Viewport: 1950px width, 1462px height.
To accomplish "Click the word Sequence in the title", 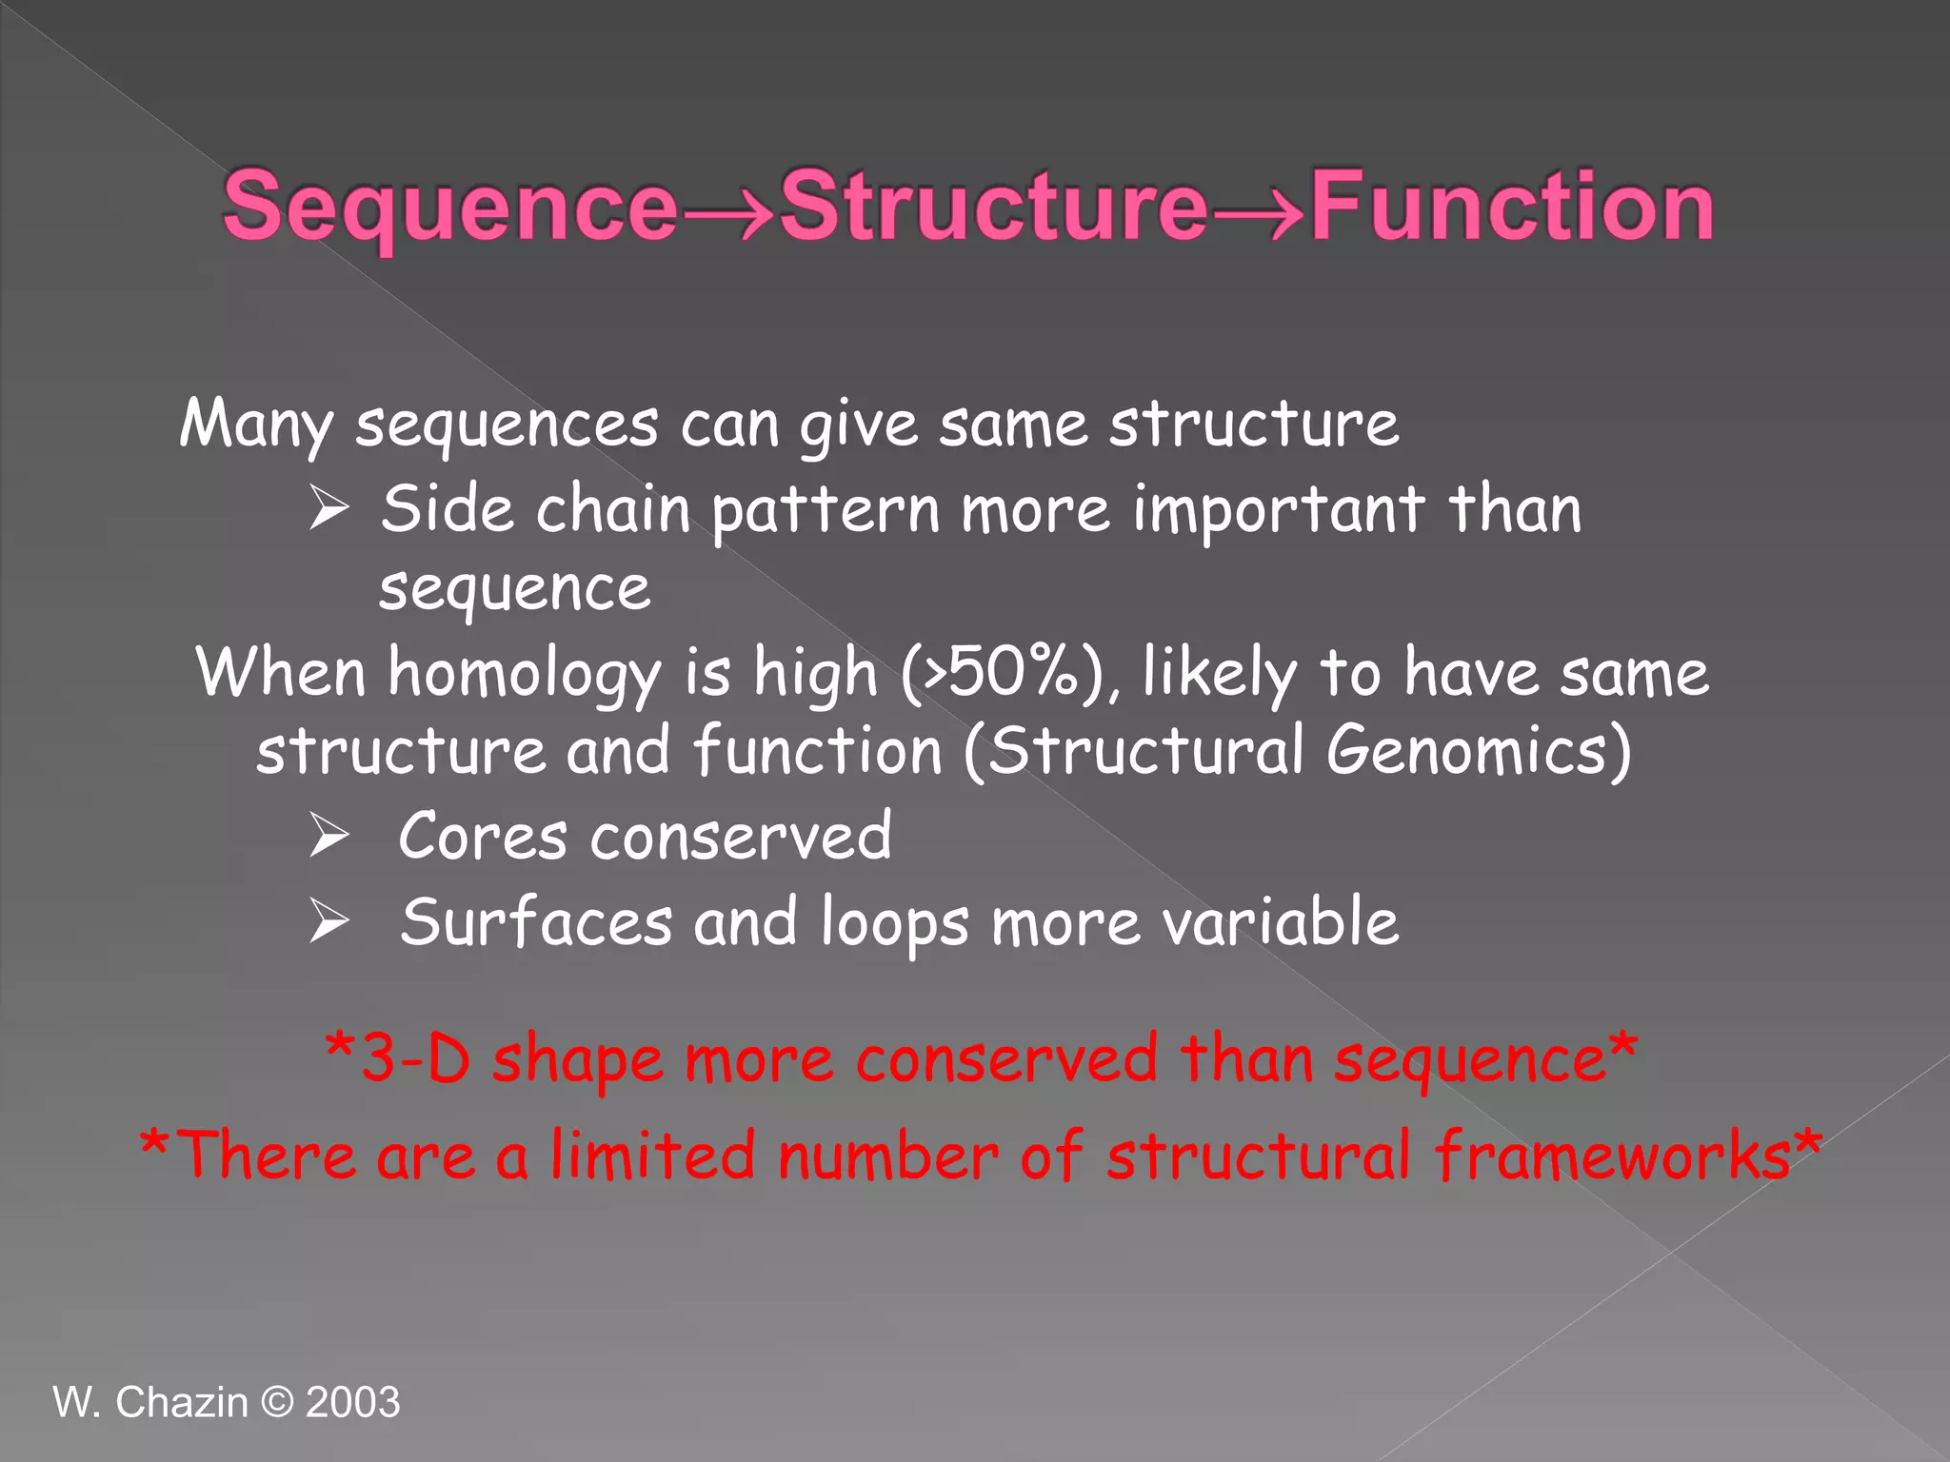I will (449, 207).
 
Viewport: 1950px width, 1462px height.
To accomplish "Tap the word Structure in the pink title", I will (993, 207).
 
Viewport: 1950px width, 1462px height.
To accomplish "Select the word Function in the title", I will (1512, 207).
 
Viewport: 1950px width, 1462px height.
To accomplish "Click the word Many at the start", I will (256, 424).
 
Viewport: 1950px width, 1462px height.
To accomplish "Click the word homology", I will (524, 674).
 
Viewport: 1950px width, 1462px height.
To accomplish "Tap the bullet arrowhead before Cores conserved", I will (328, 837).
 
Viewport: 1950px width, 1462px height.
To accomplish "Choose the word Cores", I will (483, 837).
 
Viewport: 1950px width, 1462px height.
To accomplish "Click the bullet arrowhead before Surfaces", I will (328, 922).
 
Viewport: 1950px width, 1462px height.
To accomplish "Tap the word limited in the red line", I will (652, 1156).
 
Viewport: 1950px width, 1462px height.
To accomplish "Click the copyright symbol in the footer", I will (276, 1402).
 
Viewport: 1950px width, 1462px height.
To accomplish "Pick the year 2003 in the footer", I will (352, 1402).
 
